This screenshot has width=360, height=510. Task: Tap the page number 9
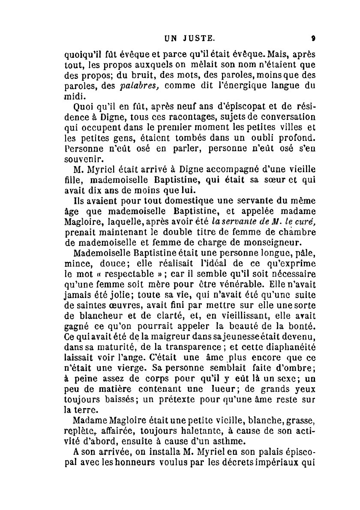pyautogui.click(x=314, y=38)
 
